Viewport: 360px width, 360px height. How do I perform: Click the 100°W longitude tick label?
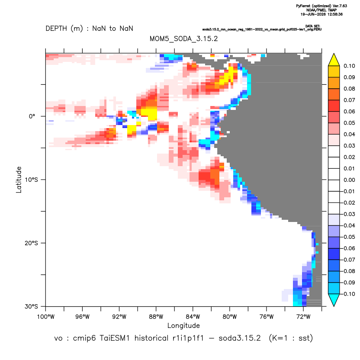pyautogui.click(x=46, y=317)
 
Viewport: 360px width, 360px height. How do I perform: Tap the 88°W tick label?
pyautogui.click(x=156, y=317)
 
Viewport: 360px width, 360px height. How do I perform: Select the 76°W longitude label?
pyautogui.click(x=267, y=317)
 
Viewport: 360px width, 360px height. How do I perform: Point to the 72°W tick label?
pyautogui.click(x=303, y=317)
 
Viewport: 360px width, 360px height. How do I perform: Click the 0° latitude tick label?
pyautogui.click(x=32, y=116)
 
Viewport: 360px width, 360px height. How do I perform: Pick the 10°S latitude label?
pyautogui.click(x=31, y=180)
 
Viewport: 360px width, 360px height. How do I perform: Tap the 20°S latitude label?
pyautogui.click(x=31, y=243)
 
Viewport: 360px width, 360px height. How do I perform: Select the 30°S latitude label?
pyautogui.click(x=31, y=306)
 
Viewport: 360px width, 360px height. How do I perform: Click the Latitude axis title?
pyautogui.click(x=19, y=180)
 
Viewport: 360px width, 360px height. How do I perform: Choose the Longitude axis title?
pyautogui.click(x=183, y=325)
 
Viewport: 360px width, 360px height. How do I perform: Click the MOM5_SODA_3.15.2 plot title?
pyautogui.click(x=183, y=39)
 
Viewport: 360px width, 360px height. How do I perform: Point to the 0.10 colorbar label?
pyautogui.click(x=349, y=66)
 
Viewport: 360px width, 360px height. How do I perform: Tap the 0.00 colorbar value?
pyautogui.click(x=349, y=180)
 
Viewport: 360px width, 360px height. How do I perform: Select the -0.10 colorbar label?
pyautogui.click(x=348, y=294)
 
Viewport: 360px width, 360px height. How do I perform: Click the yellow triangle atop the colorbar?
pyautogui.click(x=334, y=60)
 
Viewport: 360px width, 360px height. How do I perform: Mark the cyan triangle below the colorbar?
pyautogui.click(x=334, y=300)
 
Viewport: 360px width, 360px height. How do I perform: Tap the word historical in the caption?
pyautogui.click(x=151, y=338)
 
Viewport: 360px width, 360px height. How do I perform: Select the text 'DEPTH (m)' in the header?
pyautogui.click(x=64, y=29)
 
